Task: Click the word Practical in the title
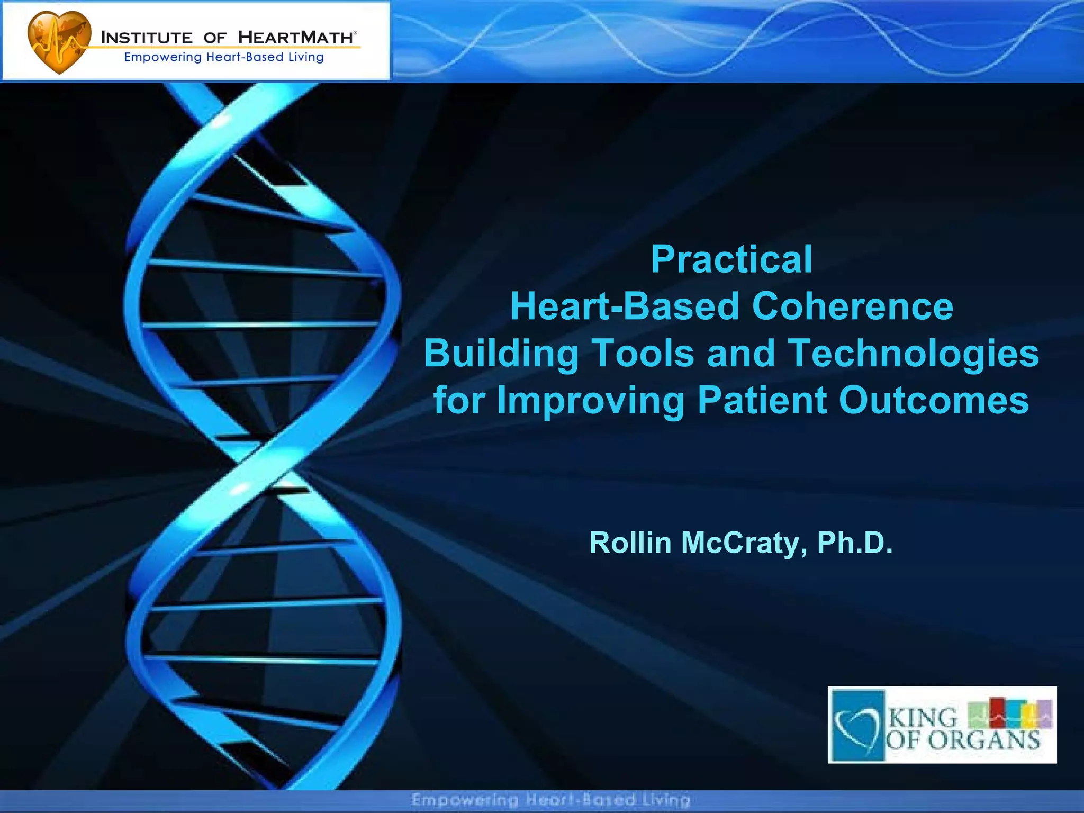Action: pos(731,259)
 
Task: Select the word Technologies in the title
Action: pos(914,353)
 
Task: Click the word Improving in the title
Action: pos(590,401)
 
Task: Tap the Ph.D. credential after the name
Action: pos(854,543)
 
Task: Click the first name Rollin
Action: pos(630,543)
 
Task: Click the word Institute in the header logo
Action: pos(147,38)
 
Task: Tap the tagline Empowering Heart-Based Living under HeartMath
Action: pos(223,57)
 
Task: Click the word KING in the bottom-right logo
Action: pos(923,718)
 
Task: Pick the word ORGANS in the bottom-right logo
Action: pos(984,740)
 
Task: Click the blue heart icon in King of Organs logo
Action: pos(858,725)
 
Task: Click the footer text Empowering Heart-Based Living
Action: pos(550,800)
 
